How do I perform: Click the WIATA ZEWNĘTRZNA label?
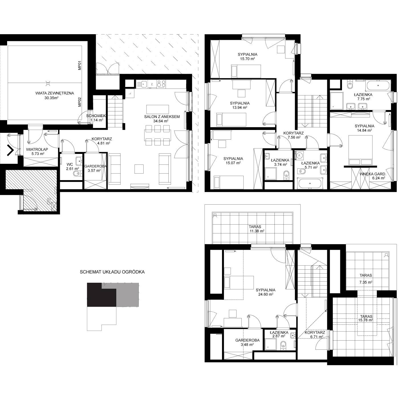pyautogui.click(x=54, y=93)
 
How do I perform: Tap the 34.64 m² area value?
pyautogui.click(x=161, y=121)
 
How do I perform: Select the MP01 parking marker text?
pyautogui.click(x=80, y=65)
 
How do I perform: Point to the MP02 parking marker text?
pyautogui.click(x=80, y=102)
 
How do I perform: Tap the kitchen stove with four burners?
pyautogui.click(x=161, y=84)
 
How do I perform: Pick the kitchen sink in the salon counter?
pyautogui.click(x=142, y=84)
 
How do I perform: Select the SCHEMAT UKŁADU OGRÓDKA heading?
pyautogui.click(x=112, y=272)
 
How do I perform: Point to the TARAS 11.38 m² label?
pyautogui.click(x=256, y=229)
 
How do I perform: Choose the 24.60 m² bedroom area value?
pyautogui.click(x=266, y=294)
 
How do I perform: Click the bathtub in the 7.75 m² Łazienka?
pyautogui.click(x=378, y=85)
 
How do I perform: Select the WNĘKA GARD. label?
pyautogui.click(x=373, y=174)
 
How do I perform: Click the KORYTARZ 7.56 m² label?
pyautogui.click(x=293, y=135)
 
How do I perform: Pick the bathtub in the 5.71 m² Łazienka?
pyautogui.click(x=310, y=184)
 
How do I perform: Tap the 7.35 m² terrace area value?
pyautogui.click(x=366, y=282)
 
